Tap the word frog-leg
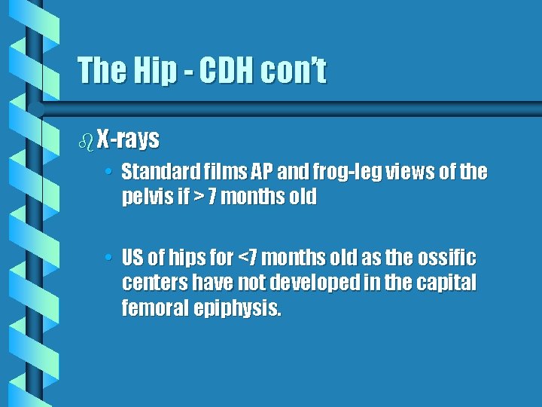[x=348, y=173]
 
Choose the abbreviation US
[x=132, y=259]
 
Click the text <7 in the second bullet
[x=248, y=259]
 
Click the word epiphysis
[x=239, y=308]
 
